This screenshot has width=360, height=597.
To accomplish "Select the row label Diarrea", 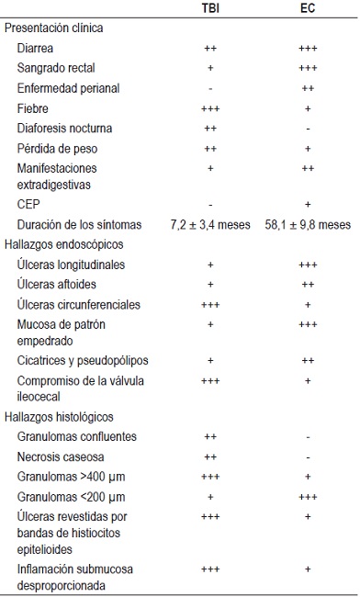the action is (x=38, y=48).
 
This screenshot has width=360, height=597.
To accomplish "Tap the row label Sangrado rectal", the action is (x=57, y=68).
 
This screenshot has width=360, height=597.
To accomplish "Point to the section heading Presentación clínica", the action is (x=54, y=28).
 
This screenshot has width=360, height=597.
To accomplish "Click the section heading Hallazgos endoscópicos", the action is (x=63, y=244).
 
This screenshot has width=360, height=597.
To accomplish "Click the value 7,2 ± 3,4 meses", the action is (x=210, y=224).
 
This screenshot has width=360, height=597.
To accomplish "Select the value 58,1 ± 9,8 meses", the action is (x=308, y=224).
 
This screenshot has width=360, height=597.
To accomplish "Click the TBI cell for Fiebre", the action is (x=210, y=107).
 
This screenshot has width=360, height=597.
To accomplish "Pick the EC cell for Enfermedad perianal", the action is (x=308, y=88).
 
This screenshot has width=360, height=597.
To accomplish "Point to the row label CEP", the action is (x=29, y=204).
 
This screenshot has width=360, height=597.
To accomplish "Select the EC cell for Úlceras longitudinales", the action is (x=308, y=265).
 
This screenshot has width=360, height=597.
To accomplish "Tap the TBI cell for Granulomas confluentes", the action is (x=210, y=437).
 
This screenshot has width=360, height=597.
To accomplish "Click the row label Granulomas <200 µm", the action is (x=66, y=496).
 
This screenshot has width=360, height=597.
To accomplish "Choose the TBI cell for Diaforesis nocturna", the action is (x=210, y=128).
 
